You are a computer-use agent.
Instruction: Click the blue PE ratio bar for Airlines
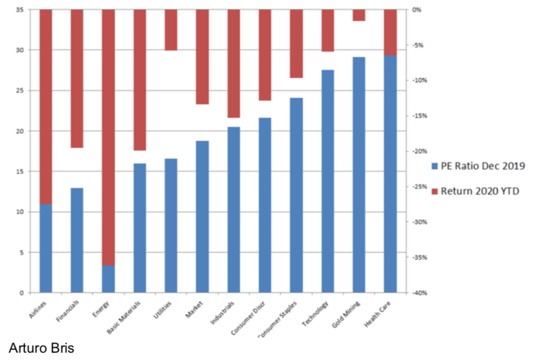[46, 248]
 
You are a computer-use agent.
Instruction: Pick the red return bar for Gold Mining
[359, 15]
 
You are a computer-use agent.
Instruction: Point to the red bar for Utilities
[171, 29]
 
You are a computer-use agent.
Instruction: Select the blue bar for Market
[202, 217]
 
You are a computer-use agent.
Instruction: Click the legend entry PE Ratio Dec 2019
[478, 166]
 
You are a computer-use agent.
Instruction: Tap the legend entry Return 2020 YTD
[478, 191]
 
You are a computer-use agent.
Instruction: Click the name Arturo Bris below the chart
[41, 348]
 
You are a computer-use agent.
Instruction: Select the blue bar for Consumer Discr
[265, 205]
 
